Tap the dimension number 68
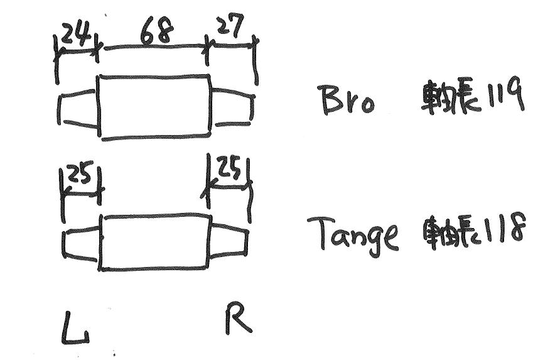click(x=157, y=31)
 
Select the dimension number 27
click(x=230, y=25)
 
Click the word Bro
click(x=348, y=100)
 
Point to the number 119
click(x=502, y=95)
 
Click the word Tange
click(x=353, y=233)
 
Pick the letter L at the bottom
click(x=75, y=328)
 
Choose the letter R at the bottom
click(x=239, y=317)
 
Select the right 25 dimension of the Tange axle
click(x=228, y=167)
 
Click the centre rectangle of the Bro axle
click(x=155, y=107)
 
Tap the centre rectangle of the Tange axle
click(x=155, y=243)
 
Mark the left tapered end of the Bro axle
click(x=78, y=108)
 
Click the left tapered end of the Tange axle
click(x=81, y=244)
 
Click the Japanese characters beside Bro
click(x=449, y=97)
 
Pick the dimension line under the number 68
click(x=156, y=46)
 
